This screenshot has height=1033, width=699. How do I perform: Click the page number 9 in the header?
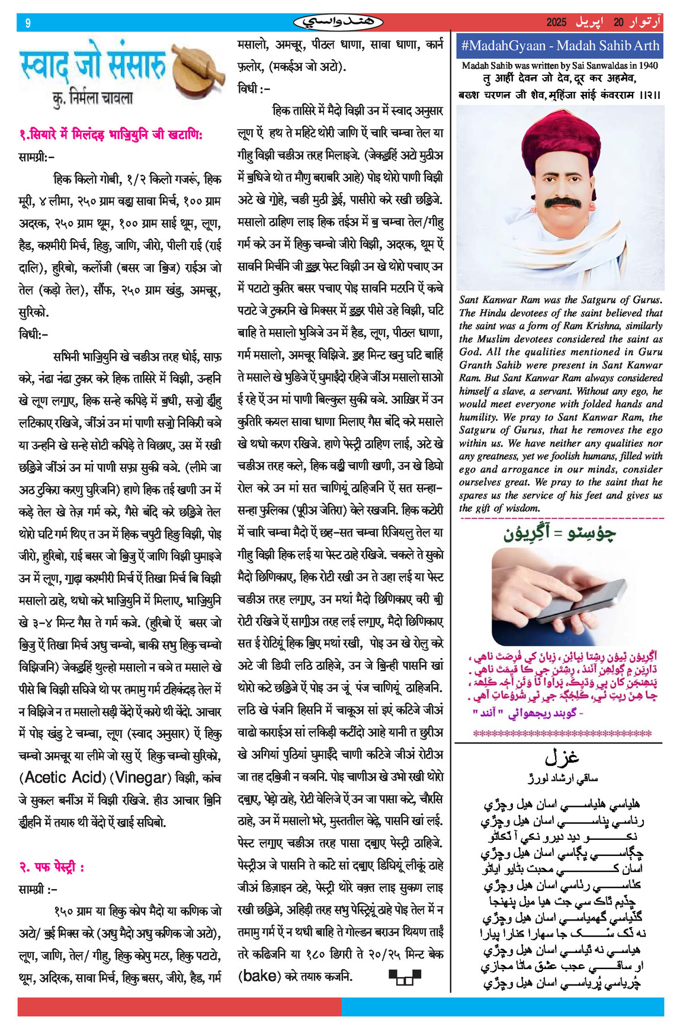point(28,23)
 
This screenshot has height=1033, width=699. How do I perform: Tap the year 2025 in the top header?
point(556,23)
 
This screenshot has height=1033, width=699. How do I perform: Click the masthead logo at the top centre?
point(338,23)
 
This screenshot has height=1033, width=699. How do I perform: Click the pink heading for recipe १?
point(111,135)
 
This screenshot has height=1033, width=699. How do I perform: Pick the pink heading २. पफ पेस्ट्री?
point(52,867)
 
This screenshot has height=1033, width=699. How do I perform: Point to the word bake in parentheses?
point(259,976)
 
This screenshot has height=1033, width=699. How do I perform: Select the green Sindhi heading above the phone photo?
point(559,533)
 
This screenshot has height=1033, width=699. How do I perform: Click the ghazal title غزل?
point(561,758)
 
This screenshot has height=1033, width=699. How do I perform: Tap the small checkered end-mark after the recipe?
point(405,977)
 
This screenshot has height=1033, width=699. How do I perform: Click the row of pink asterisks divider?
point(559,734)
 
